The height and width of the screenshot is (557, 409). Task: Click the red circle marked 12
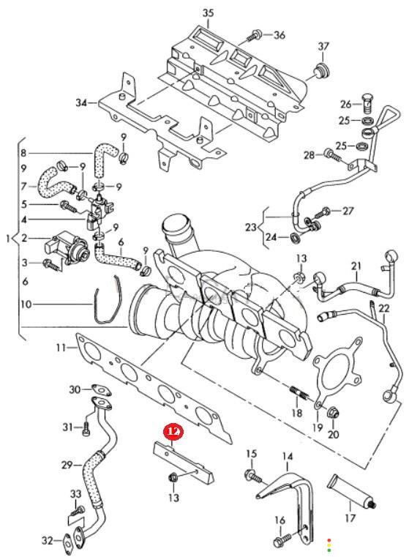click(173, 432)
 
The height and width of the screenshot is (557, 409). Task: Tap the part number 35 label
click(208, 13)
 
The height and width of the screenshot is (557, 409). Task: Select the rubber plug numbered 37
click(321, 71)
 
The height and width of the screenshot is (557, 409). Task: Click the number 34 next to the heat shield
click(81, 102)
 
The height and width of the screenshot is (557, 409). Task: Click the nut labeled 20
click(334, 413)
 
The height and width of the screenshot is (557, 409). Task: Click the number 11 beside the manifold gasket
click(61, 347)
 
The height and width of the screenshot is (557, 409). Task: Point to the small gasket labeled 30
click(101, 389)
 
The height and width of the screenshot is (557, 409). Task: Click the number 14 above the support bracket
click(288, 456)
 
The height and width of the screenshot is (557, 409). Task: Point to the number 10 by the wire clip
click(26, 304)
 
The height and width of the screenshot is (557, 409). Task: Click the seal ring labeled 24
click(296, 237)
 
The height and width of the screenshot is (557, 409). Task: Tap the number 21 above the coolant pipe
click(356, 266)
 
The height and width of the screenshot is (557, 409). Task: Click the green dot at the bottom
click(329, 550)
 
